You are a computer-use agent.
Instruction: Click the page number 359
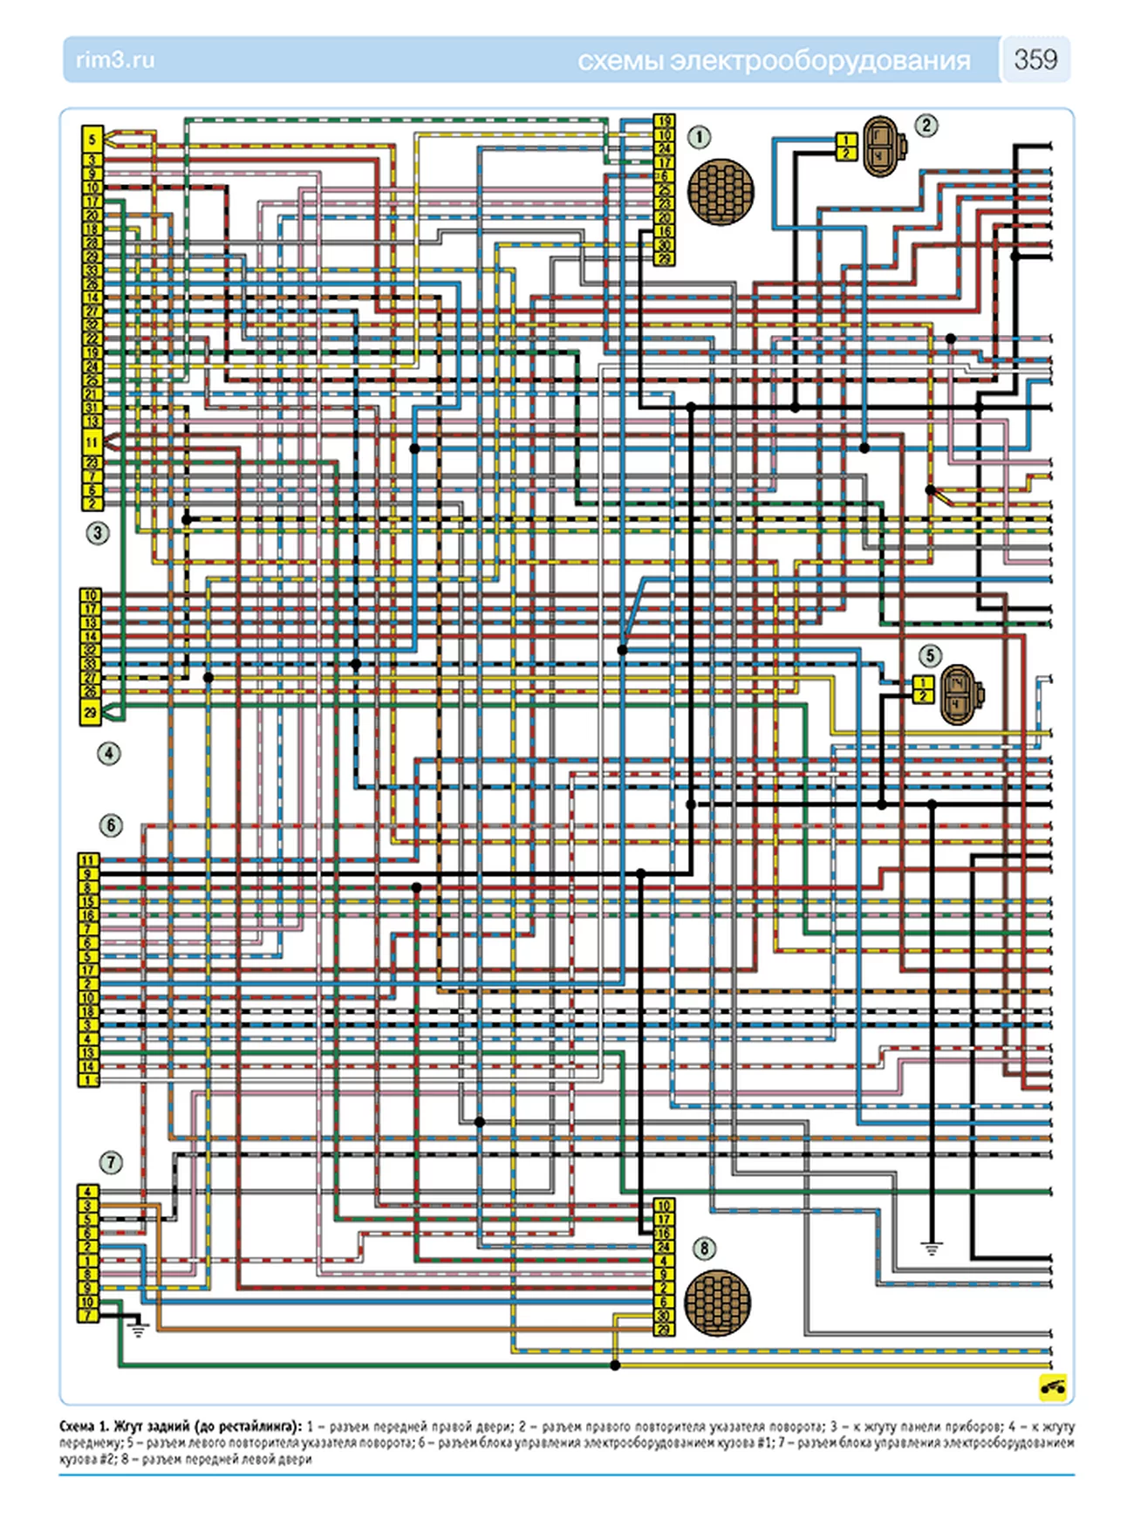pyautogui.click(x=1035, y=59)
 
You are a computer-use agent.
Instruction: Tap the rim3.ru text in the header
pyautogui.click(x=115, y=60)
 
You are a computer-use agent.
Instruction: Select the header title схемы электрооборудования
pyautogui.click(x=773, y=61)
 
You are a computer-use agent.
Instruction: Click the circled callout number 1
pyautogui.click(x=699, y=137)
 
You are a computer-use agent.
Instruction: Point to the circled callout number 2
pyautogui.click(x=926, y=126)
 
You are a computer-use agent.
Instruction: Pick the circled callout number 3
pyautogui.click(x=98, y=532)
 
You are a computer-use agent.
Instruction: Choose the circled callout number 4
pyautogui.click(x=108, y=753)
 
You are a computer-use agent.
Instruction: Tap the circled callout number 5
pyautogui.click(x=930, y=655)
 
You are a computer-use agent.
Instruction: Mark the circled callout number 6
pyautogui.click(x=110, y=825)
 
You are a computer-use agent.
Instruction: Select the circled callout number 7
pyautogui.click(x=110, y=1162)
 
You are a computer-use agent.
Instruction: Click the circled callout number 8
pyautogui.click(x=704, y=1248)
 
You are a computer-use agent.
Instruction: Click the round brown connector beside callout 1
pyautogui.click(x=721, y=192)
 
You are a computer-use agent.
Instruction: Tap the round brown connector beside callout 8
pyautogui.click(x=717, y=1302)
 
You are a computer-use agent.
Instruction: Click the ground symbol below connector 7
pyautogui.click(x=138, y=1329)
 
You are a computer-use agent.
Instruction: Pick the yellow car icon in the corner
pyautogui.click(x=1053, y=1386)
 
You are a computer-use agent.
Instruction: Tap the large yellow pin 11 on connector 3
pyautogui.click(x=92, y=442)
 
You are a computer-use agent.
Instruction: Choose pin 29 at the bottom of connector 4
pyautogui.click(x=90, y=713)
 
